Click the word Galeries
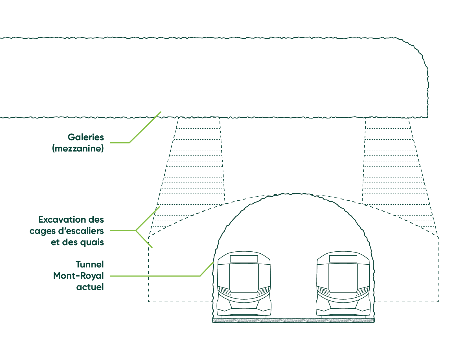[86, 137]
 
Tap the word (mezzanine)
[78, 148]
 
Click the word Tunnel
[90, 264]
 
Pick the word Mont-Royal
[78, 276]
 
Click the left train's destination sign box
[244, 259]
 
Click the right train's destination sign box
[343, 259]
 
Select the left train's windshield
[244, 278]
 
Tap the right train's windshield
[343, 278]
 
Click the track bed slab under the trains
[293, 320]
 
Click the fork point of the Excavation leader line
[136, 231]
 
